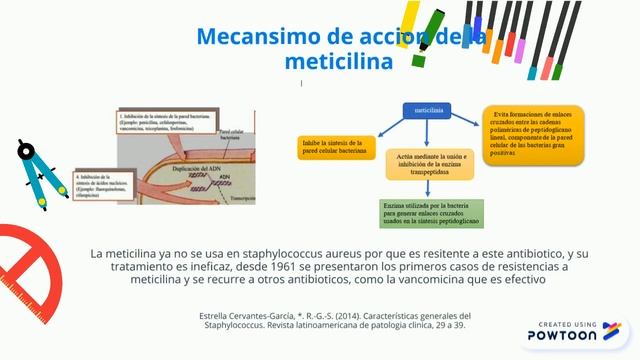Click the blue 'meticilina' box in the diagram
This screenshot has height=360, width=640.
coord(429,109)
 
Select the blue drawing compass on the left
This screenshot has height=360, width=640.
coord(40,170)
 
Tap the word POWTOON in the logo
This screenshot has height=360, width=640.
coord(564,337)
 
